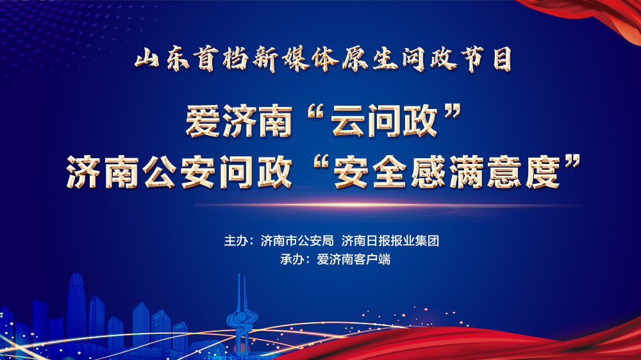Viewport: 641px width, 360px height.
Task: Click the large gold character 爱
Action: (x=201, y=120)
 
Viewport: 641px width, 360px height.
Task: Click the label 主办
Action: (x=235, y=241)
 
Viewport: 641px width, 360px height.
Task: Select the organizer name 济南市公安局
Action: (x=297, y=241)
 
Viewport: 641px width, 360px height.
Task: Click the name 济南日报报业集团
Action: (x=390, y=241)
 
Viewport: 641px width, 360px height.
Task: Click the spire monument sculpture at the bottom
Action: (x=242, y=314)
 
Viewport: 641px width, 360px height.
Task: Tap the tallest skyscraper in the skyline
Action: (x=76, y=307)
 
